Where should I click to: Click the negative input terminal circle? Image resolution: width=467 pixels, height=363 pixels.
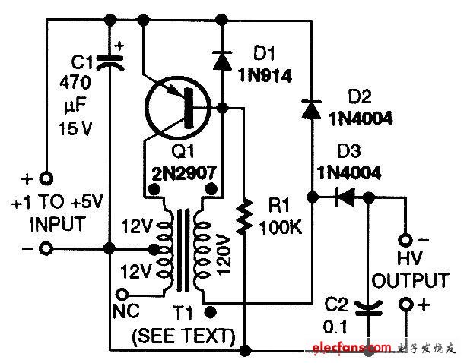pyautogui.click(x=45, y=248)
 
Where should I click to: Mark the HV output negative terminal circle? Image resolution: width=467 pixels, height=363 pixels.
pyautogui.click(x=407, y=237)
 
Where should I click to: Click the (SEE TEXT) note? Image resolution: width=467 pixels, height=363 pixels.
pyautogui.click(x=183, y=335)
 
